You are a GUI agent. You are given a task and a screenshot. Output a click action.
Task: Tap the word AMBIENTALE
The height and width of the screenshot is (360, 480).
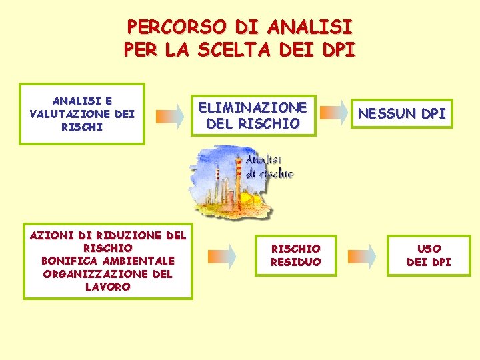point(139,261)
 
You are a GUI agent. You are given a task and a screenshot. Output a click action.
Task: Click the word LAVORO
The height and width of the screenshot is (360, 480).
point(107,287)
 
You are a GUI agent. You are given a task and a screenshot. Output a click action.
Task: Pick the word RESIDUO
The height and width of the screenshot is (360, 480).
point(295,262)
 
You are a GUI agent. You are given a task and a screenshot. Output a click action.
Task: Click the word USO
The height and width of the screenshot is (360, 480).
point(429,249)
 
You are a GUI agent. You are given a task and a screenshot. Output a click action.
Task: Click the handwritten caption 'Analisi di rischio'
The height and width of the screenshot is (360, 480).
point(269,167)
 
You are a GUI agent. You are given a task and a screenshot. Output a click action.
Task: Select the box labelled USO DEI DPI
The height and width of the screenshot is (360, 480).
point(429,255)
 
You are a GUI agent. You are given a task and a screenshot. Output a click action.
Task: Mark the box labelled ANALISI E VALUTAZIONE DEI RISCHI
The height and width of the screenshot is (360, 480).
point(82,113)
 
